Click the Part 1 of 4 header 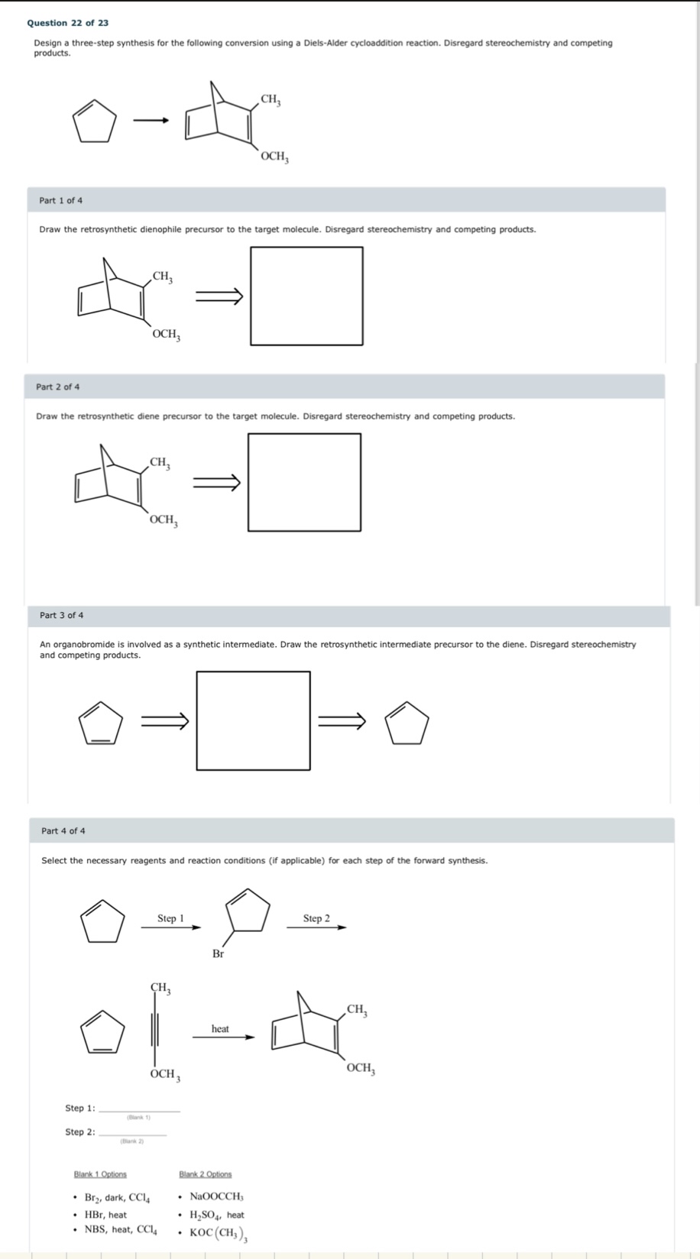pos(61,200)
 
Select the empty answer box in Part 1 pos(306,296)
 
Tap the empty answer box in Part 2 pos(304,482)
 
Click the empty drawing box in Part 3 pos(253,720)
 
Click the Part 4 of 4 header pos(63,830)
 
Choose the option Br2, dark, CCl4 pos(117,1197)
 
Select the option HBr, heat pos(105,1214)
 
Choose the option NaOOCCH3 pos(216,1196)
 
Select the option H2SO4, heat pos(217,1214)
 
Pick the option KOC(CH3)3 pos(218,1231)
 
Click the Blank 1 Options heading pos(100,1174)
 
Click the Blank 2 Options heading pos(205,1174)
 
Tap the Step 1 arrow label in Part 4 pos(170,918)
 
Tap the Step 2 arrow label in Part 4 pos(316,918)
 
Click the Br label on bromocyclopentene pos(219,953)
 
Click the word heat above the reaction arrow pos(220,1028)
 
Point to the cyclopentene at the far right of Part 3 pos(407,722)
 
